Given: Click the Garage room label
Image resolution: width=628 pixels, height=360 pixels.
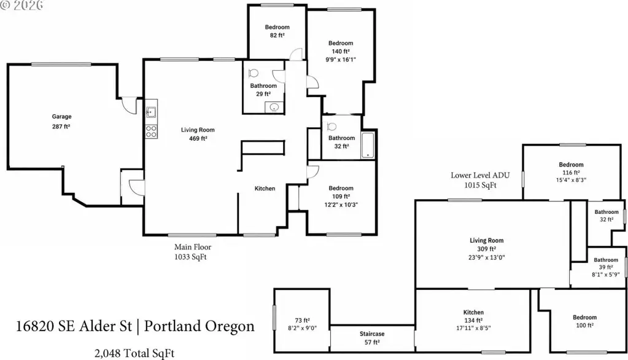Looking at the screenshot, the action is click(x=61, y=117).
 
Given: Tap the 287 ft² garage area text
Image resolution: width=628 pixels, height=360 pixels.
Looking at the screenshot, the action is click(x=61, y=127).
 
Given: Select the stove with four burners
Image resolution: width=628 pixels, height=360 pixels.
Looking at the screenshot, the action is click(x=151, y=131).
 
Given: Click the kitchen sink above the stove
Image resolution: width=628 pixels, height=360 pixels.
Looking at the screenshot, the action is click(x=151, y=112).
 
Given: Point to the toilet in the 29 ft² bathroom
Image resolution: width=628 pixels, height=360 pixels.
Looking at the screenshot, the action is click(x=253, y=73).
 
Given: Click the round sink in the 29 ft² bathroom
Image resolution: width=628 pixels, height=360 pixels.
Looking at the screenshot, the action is click(x=274, y=107).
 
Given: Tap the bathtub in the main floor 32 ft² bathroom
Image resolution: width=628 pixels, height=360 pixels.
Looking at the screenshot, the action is click(x=368, y=145).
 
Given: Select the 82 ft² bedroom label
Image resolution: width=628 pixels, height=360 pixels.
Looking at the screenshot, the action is click(x=277, y=31).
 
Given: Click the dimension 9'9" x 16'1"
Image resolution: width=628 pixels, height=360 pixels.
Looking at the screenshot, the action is click(x=341, y=60).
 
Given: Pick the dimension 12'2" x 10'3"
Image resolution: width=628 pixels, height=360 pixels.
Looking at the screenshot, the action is click(x=341, y=205).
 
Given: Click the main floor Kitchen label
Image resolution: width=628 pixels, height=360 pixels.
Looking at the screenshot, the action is click(x=265, y=189).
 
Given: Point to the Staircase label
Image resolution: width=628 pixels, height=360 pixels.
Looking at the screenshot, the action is click(x=372, y=334).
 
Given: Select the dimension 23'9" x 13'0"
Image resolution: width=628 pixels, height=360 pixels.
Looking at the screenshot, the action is click(x=487, y=257).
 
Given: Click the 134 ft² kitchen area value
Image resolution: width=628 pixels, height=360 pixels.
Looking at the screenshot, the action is click(x=473, y=320).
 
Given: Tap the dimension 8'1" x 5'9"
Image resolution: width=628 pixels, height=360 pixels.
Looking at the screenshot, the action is click(x=605, y=275).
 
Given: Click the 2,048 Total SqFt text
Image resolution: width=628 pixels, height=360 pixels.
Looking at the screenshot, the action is click(x=134, y=353).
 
